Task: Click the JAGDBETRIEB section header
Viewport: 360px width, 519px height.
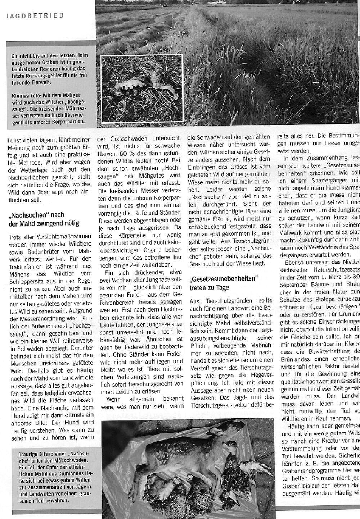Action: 35,16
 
